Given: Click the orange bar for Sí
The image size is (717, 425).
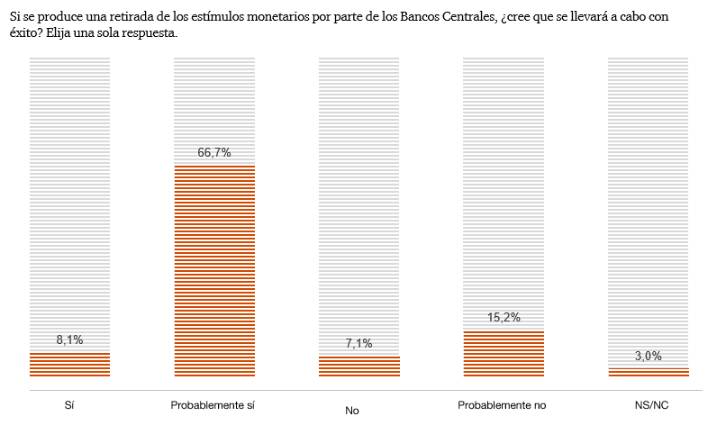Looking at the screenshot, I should [69, 364].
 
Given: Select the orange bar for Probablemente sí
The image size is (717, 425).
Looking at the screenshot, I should [213, 270].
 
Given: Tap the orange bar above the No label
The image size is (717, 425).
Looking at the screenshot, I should [358, 366].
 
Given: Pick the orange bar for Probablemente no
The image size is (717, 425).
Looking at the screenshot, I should [504, 353].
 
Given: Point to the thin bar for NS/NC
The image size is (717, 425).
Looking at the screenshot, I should [649, 372].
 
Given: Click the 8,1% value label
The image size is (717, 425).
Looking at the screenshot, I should [69, 339].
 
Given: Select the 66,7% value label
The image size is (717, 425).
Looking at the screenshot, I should [213, 153].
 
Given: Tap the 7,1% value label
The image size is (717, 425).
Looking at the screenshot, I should [358, 343].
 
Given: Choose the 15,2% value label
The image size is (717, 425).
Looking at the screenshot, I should [504, 318].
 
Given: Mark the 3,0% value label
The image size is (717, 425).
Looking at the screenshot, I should [649, 357].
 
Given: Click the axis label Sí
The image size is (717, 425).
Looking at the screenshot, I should [69, 405].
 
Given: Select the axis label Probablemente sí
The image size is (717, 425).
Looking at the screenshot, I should [213, 405].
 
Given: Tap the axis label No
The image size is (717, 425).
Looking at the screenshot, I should [352, 411].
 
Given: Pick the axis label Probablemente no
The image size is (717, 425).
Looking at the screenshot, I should [502, 405].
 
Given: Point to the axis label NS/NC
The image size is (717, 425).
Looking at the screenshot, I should [650, 405].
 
